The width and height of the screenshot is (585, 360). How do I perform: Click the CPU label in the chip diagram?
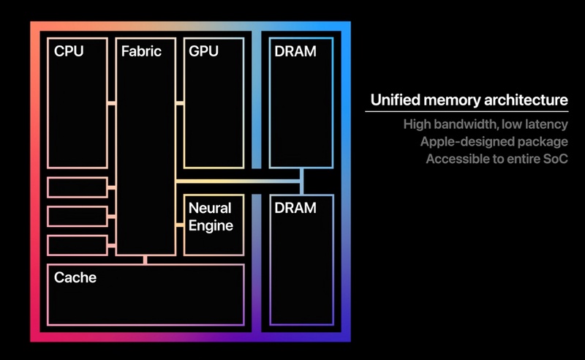pyautogui.click(x=69, y=52)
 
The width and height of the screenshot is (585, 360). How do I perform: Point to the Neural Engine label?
pyautogui.click(x=211, y=217)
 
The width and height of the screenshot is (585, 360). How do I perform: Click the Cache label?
pyautogui.click(x=75, y=278)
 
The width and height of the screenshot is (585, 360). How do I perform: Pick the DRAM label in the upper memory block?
pyautogui.click(x=295, y=52)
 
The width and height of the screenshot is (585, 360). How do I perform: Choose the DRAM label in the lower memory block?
pyautogui.click(x=295, y=208)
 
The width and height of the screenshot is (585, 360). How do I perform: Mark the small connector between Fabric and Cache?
pyautogui.click(x=146, y=259)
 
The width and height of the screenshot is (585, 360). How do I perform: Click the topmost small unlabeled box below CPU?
pyautogui.click(x=77, y=187)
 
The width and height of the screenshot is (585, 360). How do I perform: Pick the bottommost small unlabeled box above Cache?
pyautogui.click(x=77, y=245)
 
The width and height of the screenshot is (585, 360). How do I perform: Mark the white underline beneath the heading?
pyautogui.click(x=467, y=112)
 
